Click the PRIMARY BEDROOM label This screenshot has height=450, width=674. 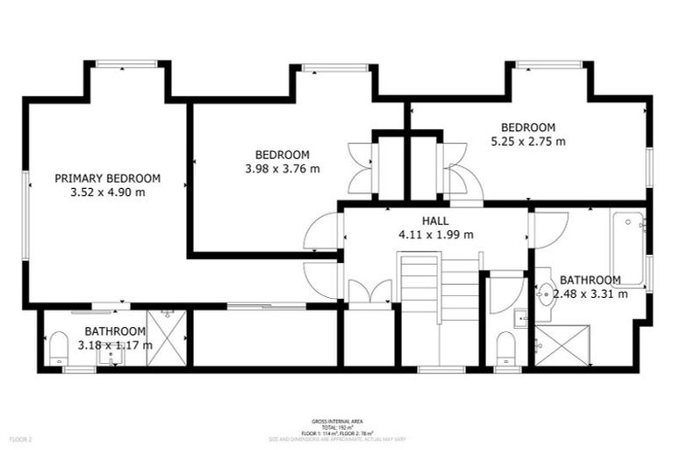click(107, 178)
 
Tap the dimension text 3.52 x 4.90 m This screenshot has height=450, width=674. click(107, 192)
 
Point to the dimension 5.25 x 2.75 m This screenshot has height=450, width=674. click(527, 141)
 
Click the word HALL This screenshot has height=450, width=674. click(435, 221)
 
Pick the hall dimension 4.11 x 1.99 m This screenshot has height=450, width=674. click(435, 235)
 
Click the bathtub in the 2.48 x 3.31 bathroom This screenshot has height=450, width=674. click(628, 248)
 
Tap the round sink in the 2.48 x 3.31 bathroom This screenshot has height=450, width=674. click(545, 296)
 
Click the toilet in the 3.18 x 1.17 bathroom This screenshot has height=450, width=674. click(58, 348)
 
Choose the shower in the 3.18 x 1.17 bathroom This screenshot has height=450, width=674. click(166, 337)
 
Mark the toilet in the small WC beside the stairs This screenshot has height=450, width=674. click(505, 348)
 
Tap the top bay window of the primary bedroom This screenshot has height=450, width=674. click(125, 63)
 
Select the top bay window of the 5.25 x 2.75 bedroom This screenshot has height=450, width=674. click(549, 63)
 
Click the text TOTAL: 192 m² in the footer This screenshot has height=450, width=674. click(337, 427)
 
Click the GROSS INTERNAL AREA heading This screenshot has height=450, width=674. click(337, 422)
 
